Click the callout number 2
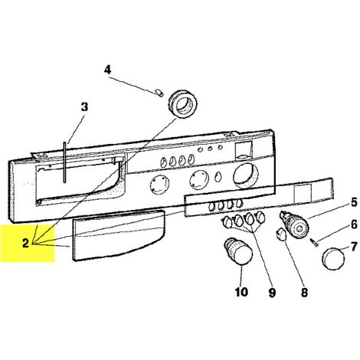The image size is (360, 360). click(25, 244)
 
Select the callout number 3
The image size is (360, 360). click(84, 107)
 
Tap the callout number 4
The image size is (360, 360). click(108, 70)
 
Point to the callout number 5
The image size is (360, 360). click(354, 202)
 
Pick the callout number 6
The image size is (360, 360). click(354, 224)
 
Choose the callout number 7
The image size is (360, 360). click(354, 247)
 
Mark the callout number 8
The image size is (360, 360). click(304, 293)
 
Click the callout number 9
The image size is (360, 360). click(272, 293)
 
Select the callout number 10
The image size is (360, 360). click(241, 292)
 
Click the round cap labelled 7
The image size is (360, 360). click(333, 260)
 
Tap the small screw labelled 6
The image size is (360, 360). click(315, 242)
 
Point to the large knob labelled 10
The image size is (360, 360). click(238, 251)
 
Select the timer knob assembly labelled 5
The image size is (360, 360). click(294, 224)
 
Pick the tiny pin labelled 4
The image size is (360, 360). click(159, 93)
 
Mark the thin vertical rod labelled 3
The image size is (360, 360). click(65, 162)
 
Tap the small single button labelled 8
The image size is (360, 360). click(281, 234)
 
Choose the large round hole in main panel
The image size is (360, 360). click(246, 176)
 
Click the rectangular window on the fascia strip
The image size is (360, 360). click(303, 193)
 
